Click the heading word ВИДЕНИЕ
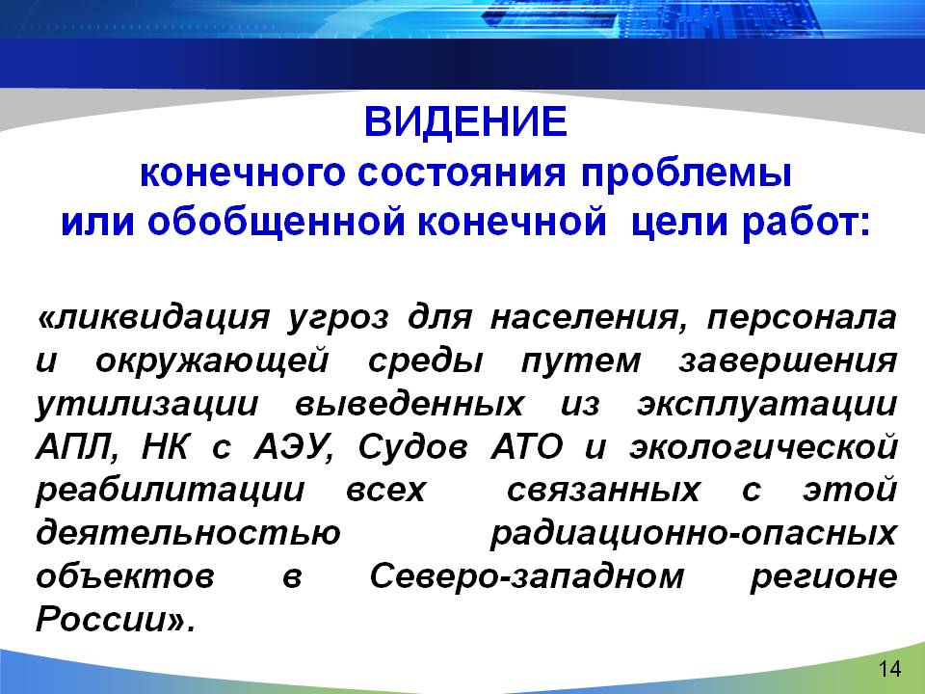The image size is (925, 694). click(465, 121)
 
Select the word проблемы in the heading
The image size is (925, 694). click(686, 174)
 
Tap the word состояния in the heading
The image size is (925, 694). click(462, 173)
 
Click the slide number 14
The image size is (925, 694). click(889, 669)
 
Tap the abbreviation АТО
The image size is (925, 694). click(527, 447)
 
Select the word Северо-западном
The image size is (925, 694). click(527, 577)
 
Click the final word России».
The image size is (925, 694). click(115, 620)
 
